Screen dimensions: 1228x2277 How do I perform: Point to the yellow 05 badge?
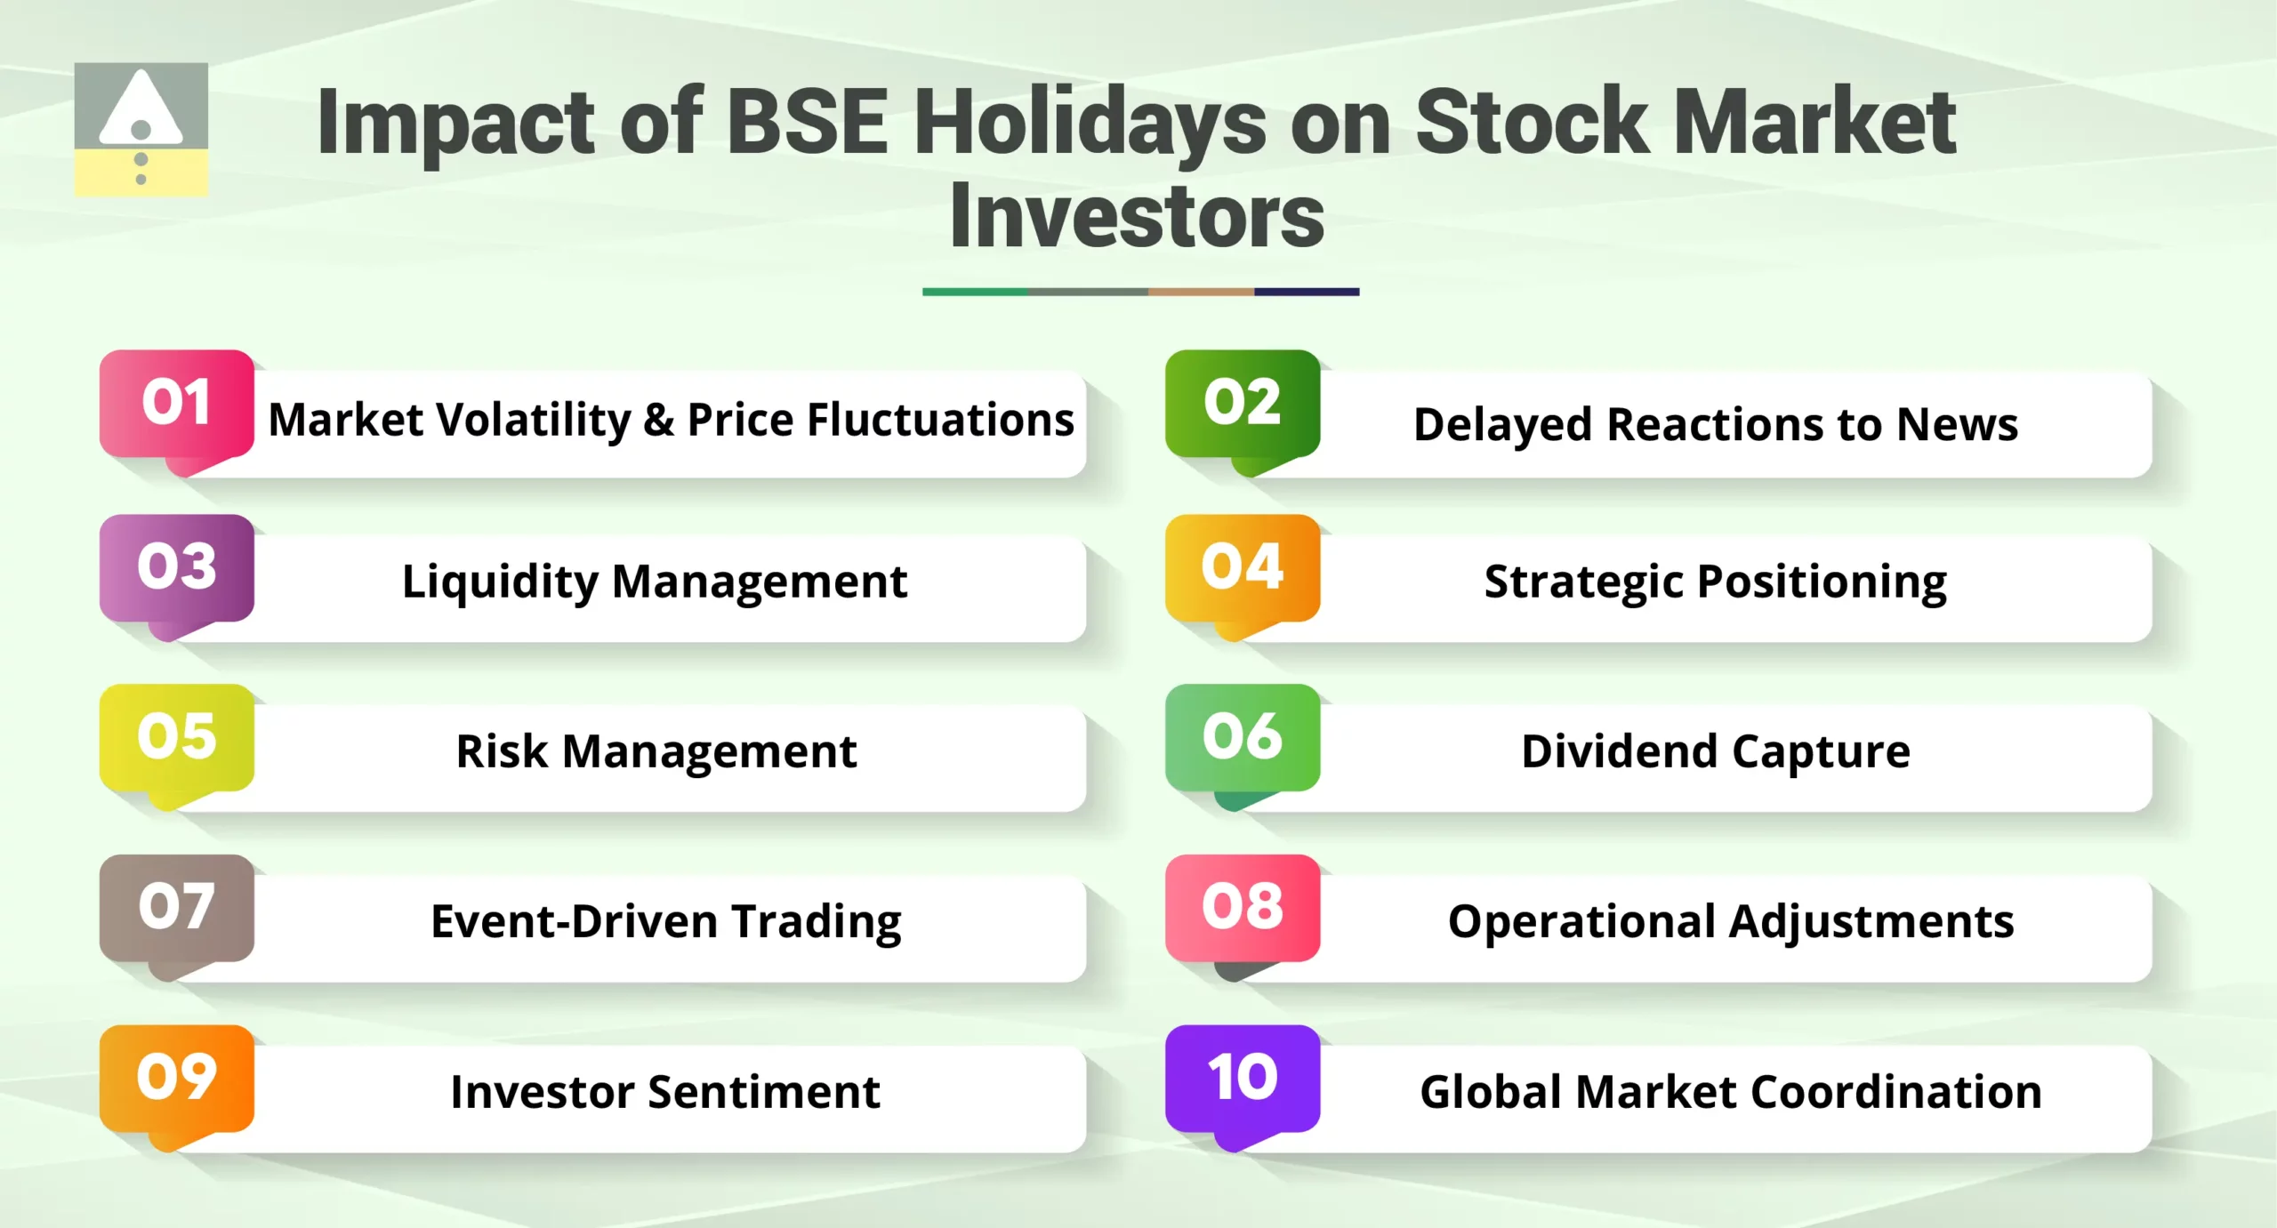(176, 737)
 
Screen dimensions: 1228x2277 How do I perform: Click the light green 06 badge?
(1242, 737)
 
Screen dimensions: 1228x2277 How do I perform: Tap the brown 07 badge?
(176, 908)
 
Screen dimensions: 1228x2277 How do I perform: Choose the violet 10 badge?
(1242, 1078)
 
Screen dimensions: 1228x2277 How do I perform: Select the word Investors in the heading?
(1137, 217)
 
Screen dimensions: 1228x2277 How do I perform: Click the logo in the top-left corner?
(141, 129)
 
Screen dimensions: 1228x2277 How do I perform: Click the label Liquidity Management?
(655, 582)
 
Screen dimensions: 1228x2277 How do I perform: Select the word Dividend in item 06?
(1619, 751)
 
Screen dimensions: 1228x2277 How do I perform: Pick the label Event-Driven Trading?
(665, 921)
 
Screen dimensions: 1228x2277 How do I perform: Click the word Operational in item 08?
(1581, 921)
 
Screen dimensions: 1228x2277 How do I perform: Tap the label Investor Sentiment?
(665, 1092)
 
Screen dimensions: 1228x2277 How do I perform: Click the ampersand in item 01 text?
(658, 420)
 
